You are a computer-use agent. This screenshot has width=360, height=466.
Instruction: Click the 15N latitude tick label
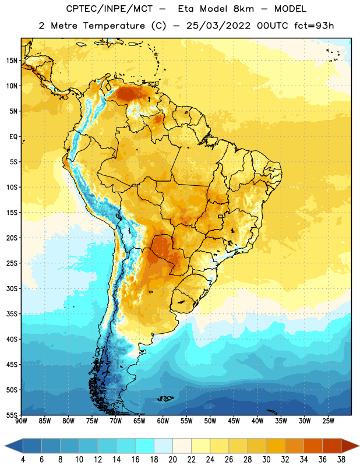click(x=12, y=61)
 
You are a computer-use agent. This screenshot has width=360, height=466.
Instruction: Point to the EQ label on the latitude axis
click(x=13, y=137)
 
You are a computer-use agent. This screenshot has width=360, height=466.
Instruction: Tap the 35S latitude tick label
click(x=12, y=314)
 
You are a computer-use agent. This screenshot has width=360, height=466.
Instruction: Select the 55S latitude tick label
click(x=12, y=415)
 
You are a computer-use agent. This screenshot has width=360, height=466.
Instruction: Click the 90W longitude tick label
click(x=21, y=421)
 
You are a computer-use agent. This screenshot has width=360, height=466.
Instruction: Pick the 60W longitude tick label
click(x=163, y=421)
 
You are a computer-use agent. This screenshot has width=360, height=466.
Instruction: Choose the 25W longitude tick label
click(x=328, y=421)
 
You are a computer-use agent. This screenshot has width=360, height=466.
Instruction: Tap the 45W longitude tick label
click(x=234, y=421)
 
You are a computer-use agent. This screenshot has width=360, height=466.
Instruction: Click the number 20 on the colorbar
click(x=172, y=460)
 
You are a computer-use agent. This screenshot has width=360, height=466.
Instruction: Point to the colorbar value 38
click(x=341, y=460)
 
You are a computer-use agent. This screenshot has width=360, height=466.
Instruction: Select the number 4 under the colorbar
click(x=23, y=460)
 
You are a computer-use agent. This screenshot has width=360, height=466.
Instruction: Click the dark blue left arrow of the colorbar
click(x=14, y=446)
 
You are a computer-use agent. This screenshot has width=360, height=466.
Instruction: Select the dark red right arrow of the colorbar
click(x=351, y=446)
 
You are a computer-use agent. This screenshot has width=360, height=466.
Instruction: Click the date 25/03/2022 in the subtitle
click(x=218, y=26)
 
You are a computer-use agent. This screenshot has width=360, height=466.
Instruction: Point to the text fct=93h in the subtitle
click(x=314, y=26)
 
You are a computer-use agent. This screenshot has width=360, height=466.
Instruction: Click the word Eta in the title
click(x=186, y=9)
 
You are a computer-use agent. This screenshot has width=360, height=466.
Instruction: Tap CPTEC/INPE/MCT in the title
click(x=109, y=9)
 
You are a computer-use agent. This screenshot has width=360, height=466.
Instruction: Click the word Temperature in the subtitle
click(x=114, y=26)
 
